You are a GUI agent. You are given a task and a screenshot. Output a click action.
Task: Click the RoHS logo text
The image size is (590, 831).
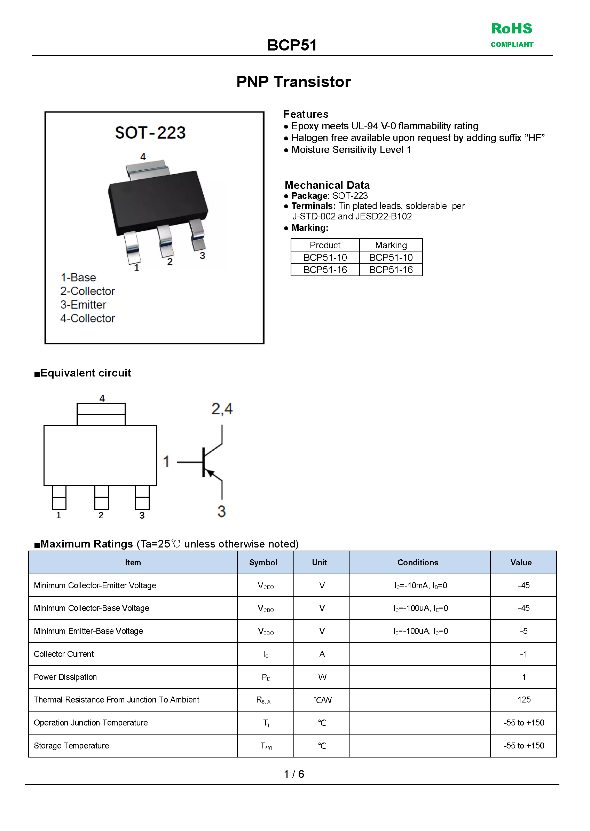pos(512,29)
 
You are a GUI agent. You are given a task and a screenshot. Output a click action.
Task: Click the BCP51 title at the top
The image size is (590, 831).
pos(292,45)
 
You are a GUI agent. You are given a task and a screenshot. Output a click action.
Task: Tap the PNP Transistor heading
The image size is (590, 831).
pos(293,82)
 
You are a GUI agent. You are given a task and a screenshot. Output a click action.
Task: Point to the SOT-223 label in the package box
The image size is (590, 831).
pos(150,133)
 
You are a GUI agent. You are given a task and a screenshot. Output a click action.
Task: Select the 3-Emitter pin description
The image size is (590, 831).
pos(83,305)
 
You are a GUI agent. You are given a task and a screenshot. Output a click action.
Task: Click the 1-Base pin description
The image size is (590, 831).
pos(78,277)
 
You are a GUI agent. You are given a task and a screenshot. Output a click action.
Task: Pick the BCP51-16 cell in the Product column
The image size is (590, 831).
pos(325,270)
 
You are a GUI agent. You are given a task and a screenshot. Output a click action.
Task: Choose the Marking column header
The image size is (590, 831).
pos(391,245)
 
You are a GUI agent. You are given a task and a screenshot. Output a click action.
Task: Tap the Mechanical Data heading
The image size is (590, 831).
pos(327,185)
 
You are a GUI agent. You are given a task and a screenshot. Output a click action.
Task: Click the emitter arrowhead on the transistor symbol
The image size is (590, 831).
pos(210,474)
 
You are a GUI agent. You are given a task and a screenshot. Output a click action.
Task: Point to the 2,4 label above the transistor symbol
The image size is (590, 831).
pos(222,409)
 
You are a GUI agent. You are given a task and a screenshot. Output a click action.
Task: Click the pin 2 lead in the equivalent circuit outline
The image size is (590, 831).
pos(101,498)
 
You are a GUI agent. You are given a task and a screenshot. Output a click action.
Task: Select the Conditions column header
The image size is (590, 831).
pos(418,563)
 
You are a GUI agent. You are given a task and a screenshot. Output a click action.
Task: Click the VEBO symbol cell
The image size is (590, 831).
pos(266,631)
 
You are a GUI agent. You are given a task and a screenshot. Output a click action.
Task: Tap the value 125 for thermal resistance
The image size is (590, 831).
pos(524,700)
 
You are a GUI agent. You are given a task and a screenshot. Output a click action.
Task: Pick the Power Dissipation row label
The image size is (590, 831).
pos(65,677)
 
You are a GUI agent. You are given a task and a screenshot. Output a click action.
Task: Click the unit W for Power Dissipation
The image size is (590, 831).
pos(322,677)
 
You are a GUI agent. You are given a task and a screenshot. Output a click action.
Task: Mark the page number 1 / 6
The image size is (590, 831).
pos(294,774)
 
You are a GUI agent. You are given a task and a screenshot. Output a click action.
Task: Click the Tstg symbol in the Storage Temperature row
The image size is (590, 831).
pos(266,746)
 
